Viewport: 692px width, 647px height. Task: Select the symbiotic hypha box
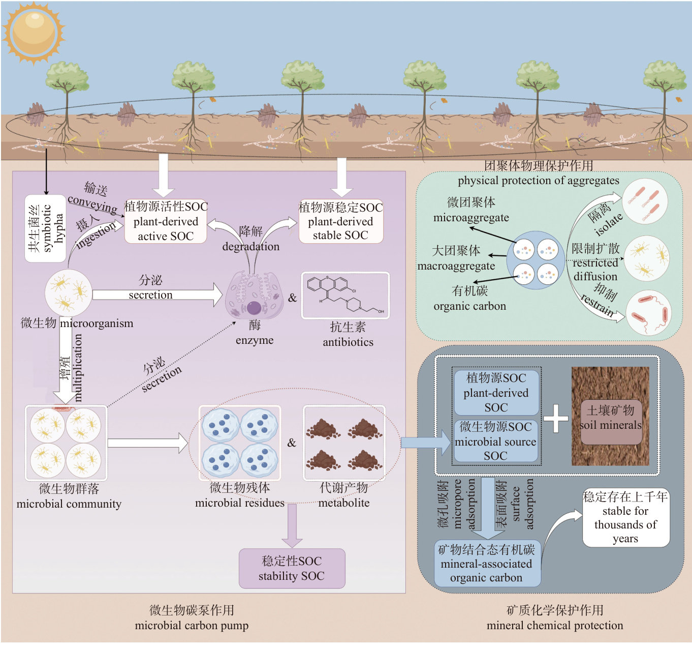[x=45, y=228]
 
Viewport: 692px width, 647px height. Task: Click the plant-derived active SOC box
[x=166, y=221]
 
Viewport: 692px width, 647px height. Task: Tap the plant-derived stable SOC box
[x=340, y=221]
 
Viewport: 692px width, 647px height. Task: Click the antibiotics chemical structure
[x=345, y=296]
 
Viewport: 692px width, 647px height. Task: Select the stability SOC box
[x=292, y=568]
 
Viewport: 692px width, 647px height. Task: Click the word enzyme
[x=255, y=340]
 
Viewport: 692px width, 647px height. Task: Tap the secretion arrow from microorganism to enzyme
[x=158, y=295]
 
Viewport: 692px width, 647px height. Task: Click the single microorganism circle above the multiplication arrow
[x=68, y=292]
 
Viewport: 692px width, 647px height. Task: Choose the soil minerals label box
[x=611, y=418]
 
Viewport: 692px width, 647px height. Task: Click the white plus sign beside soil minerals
[x=556, y=418]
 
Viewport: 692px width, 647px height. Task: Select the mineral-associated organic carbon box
[x=487, y=564]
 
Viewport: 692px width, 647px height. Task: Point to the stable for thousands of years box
[x=625, y=517]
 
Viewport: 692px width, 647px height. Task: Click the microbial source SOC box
[x=495, y=441]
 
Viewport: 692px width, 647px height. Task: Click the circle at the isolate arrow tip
[x=644, y=202]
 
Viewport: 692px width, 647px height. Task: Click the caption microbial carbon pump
[x=192, y=626]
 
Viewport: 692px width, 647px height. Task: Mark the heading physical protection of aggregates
[x=538, y=181]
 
